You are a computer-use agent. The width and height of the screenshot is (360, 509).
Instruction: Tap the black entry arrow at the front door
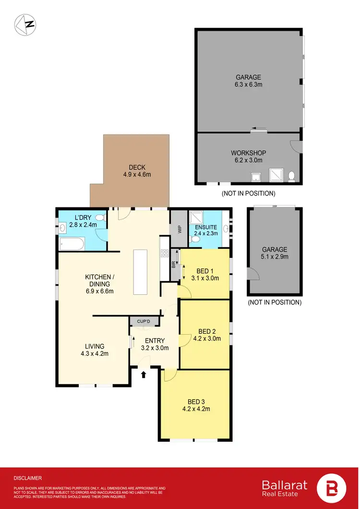[x=143, y=374]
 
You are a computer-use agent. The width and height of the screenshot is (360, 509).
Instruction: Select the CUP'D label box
[x=144, y=321]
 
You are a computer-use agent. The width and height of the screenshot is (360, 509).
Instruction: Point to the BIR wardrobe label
[x=173, y=264]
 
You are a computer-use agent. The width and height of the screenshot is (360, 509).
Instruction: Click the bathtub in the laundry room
[x=72, y=244]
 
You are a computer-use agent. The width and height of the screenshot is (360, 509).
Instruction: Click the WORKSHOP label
[x=248, y=153]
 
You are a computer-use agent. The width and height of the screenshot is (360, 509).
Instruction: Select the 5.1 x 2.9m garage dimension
[x=275, y=257]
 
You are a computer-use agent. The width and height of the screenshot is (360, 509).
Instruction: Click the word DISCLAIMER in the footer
[x=28, y=478]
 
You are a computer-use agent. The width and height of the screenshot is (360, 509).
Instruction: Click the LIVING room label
[x=95, y=346]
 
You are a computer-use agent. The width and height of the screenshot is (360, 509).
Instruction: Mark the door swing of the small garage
[x=255, y=275]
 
